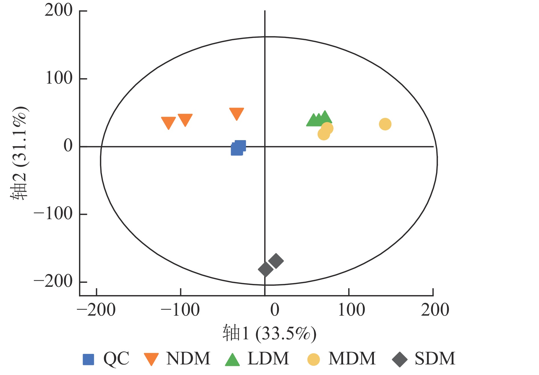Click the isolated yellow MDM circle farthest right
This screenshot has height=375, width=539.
point(385,124)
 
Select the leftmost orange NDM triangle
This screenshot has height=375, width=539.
point(168,122)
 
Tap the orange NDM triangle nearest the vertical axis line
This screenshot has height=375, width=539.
point(236,113)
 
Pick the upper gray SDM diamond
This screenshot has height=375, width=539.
point(276,261)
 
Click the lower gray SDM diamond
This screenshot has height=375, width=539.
point(266,269)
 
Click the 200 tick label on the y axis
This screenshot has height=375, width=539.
point(59,11)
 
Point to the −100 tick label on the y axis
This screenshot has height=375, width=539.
point(53,214)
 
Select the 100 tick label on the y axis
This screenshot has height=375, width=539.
point(59,78)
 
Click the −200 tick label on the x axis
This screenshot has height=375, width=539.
point(96,310)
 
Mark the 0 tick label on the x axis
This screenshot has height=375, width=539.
point(275,310)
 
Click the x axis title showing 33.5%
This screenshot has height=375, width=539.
point(269,333)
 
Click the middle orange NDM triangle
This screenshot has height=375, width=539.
point(185,119)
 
